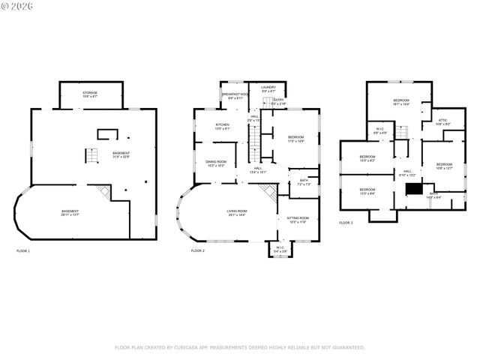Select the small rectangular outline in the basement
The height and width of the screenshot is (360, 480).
pyautogui.click(x=108, y=135)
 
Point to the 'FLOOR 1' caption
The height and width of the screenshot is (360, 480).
pyautogui.click(x=23, y=250)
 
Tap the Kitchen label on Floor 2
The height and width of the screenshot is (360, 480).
pyautogui.click(x=223, y=126)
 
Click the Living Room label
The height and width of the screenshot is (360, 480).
pyautogui.click(x=237, y=212)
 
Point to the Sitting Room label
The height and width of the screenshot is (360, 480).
pyautogui.click(x=298, y=220)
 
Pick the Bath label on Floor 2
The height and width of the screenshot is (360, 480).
pyautogui.click(x=304, y=181)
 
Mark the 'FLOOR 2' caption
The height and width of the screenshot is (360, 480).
pyautogui.click(x=197, y=250)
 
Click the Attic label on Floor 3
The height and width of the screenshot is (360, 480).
pyautogui.click(x=442, y=122)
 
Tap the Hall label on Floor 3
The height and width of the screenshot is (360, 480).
pyautogui.click(x=408, y=173)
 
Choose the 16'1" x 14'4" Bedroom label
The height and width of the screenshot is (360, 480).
pyautogui.click(x=401, y=102)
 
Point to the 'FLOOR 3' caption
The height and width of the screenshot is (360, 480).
pyautogui.click(x=346, y=223)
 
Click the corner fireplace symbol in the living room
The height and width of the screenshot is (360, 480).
pyautogui.click(x=267, y=192)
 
